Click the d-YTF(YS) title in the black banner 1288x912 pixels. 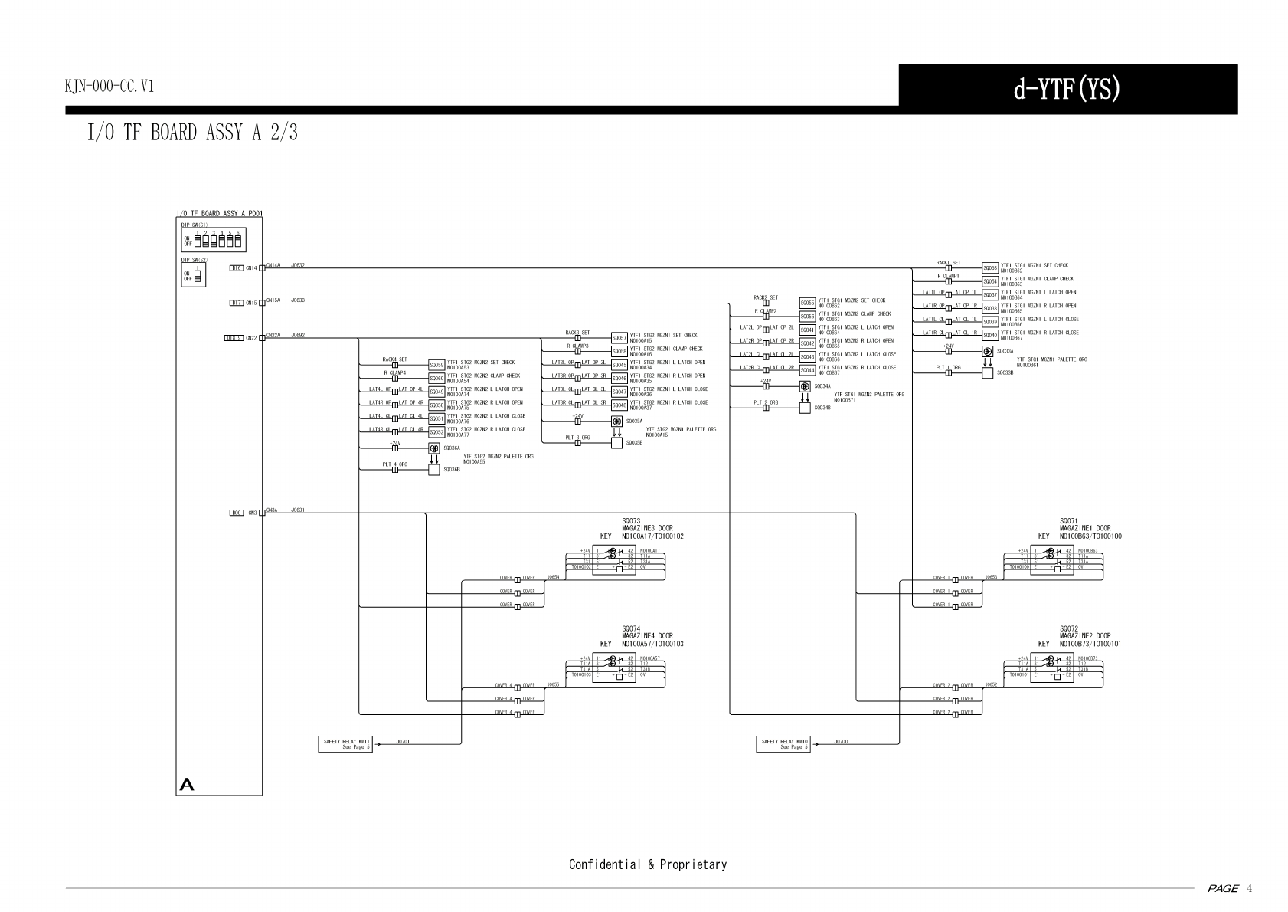(1067, 90)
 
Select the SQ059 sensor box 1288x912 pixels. (436, 365)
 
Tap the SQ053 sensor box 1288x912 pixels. (990, 268)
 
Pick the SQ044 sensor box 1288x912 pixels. (807, 370)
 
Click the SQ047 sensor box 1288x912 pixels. (619, 392)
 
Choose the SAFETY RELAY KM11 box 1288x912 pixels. (345, 744)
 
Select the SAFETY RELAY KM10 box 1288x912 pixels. (783, 744)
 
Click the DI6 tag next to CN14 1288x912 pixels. (237, 268)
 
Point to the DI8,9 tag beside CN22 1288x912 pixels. (234, 338)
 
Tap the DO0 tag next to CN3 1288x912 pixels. (237, 513)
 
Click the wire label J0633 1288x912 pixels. (298, 300)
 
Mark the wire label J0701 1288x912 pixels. (403, 742)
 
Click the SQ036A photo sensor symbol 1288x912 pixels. (434, 448)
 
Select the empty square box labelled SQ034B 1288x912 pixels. (805, 408)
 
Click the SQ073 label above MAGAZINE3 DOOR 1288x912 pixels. (631, 521)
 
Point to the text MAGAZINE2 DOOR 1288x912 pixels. (1085, 636)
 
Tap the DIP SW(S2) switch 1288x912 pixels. (198, 276)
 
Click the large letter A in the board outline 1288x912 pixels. (187, 785)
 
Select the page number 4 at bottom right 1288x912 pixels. (1249, 889)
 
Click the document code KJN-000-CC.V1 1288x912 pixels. (110, 87)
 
